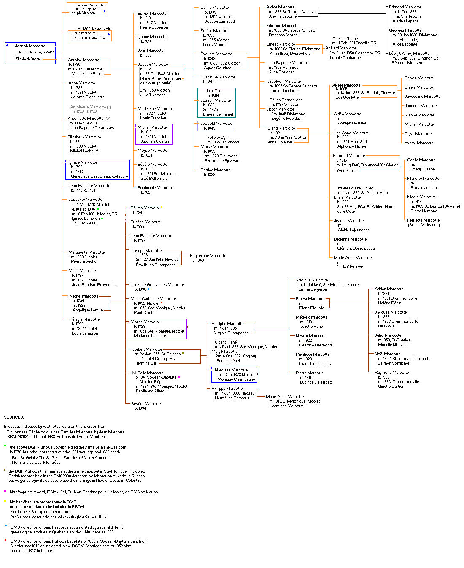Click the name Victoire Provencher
click(91, 5)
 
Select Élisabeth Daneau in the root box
click(29, 59)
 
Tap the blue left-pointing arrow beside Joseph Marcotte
click(7, 45)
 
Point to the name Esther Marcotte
click(152, 14)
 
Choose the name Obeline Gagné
click(345, 39)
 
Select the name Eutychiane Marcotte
click(208, 256)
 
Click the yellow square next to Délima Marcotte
click(162, 207)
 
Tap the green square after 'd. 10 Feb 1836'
click(98, 209)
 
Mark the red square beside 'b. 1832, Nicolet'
click(162, 303)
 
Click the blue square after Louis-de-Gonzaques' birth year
click(148, 289)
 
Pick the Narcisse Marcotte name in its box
click(231, 370)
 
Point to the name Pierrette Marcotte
click(423, 220)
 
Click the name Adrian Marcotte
click(389, 289)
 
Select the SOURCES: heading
click(14, 417)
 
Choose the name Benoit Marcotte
click(419, 78)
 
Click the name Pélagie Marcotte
click(84, 319)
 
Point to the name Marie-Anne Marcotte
click(285, 397)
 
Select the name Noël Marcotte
click(387, 354)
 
